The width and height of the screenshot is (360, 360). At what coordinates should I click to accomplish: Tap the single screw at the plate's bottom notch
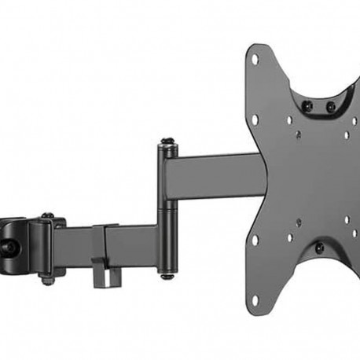319,249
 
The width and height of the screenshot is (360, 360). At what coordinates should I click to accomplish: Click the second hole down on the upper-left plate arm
255,119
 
